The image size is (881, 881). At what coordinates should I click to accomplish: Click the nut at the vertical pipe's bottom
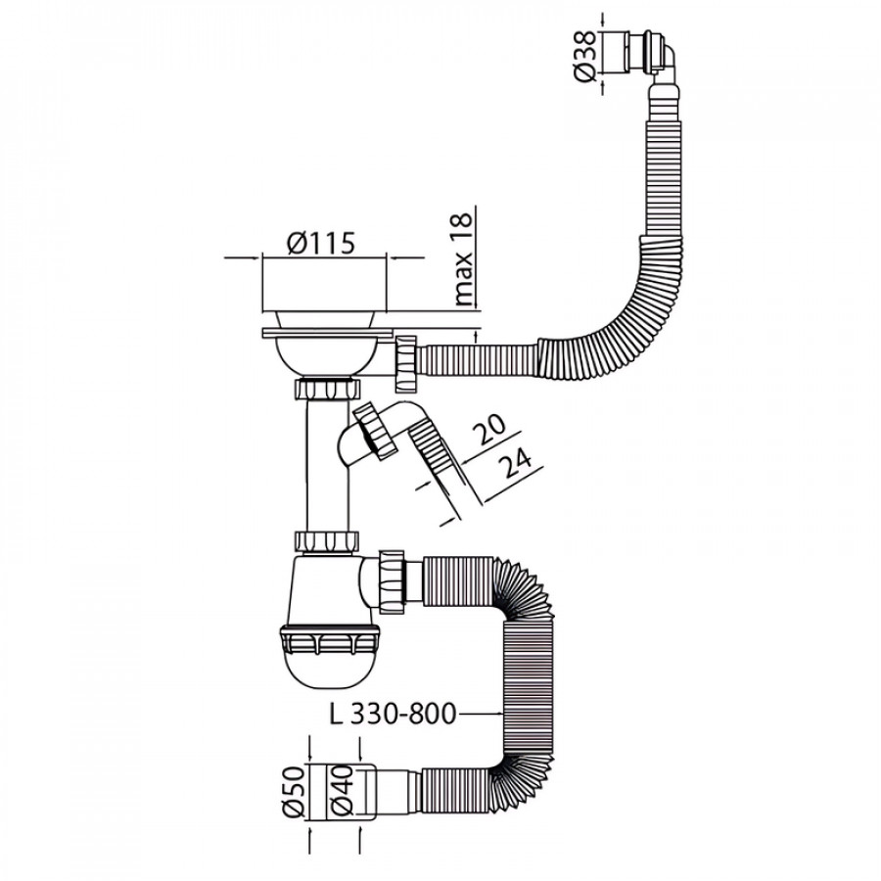pos(326,540)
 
